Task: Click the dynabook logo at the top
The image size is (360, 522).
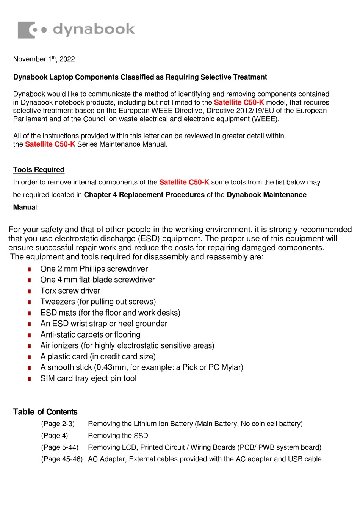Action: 76,30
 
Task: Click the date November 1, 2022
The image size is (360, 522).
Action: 44,59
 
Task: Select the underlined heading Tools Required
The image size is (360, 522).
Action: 39,170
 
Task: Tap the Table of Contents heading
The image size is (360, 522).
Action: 45,412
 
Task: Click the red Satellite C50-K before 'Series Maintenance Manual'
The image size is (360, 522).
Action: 50,144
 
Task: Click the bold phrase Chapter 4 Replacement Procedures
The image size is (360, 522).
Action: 144,195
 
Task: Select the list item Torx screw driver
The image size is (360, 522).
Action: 70,291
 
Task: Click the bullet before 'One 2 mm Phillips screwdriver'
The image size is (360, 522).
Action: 29,269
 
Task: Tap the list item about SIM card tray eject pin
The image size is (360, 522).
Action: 88,378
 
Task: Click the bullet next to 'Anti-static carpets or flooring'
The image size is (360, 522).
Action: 29,335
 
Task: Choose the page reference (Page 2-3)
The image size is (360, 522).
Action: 58,424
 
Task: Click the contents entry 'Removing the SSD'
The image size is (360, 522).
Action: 118,436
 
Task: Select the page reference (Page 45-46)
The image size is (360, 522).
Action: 62,459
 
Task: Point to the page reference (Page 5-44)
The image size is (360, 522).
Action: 59,447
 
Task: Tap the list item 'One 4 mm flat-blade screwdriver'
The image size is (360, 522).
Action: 97,280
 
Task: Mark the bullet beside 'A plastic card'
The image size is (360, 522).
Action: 29,357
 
